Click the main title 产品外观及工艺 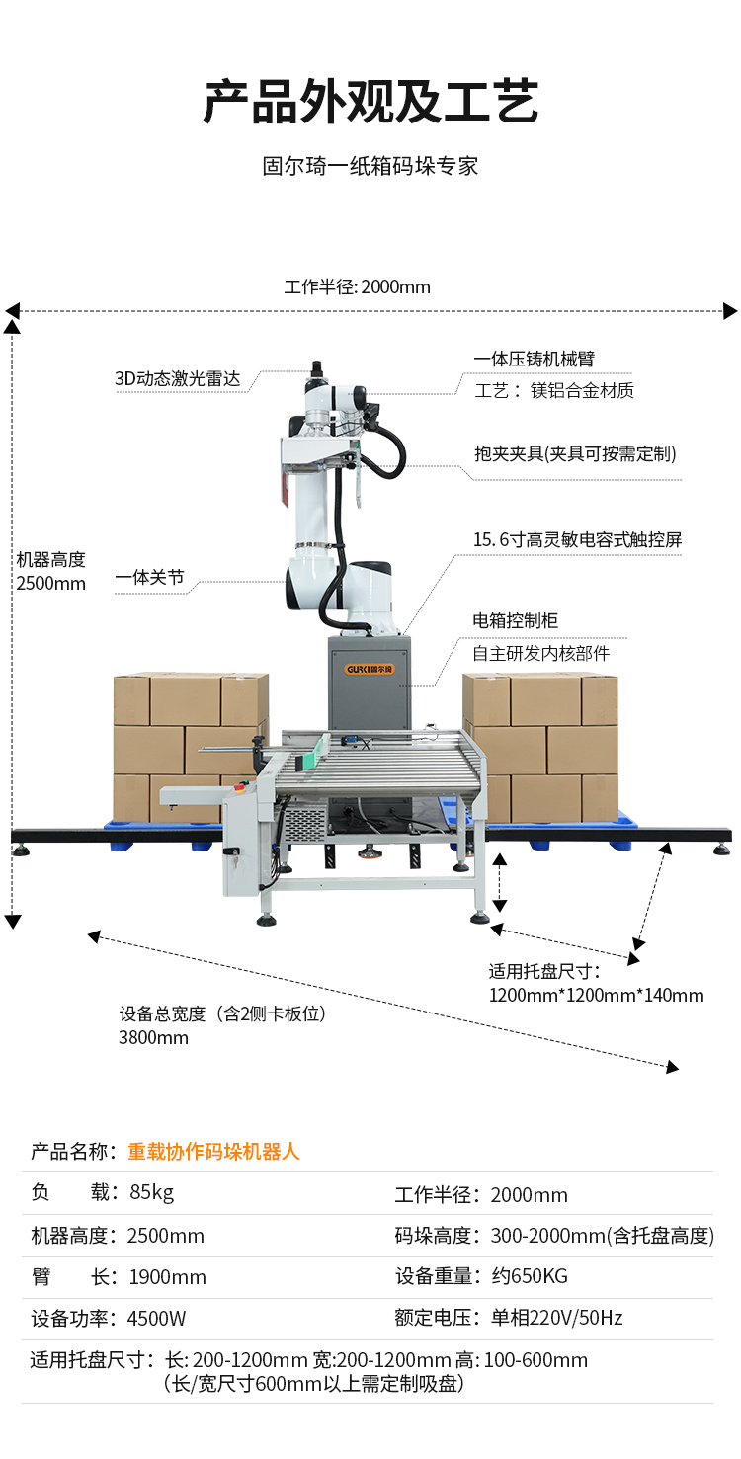tap(370, 102)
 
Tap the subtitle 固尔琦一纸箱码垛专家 tap(370, 166)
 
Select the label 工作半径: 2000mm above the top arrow tap(357, 287)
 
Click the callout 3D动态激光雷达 tap(178, 379)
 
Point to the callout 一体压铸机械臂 tap(534, 359)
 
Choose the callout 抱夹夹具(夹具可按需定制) tap(575, 454)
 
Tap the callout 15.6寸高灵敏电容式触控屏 tap(577, 540)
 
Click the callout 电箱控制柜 tap(515, 620)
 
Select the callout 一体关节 tap(149, 577)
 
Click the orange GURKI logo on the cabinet tap(370, 669)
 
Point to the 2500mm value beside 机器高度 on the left tap(50, 583)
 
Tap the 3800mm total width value tap(154, 1037)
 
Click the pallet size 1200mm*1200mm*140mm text tap(597, 996)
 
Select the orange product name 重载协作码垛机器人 tap(213, 1152)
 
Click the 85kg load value tap(152, 1192)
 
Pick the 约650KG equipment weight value tap(530, 1276)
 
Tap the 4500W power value tap(156, 1319)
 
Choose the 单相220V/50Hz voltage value tap(556, 1318)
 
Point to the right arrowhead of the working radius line tap(730, 311)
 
